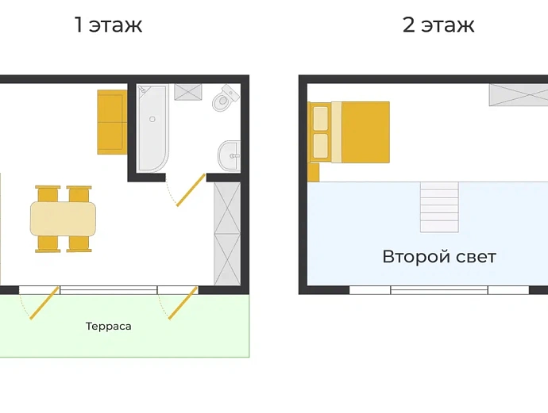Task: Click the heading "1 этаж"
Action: pyautogui.click(x=109, y=25)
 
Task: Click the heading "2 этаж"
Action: pyautogui.click(x=438, y=25)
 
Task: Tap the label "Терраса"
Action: pyautogui.click(x=108, y=327)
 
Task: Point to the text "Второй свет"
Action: pyautogui.click(x=439, y=257)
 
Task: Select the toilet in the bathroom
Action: pyautogui.click(x=225, y=98)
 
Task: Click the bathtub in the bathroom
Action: pyautogui.click(x=152, y=128)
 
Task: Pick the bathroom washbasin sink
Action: pyautogui.click(x=230, y=156)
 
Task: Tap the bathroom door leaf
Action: pyautogui.click(x=191, y=190)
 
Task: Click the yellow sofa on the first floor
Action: pyautogui.click(x=112, y=122)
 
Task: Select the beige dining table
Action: pyautogui.click(x=63, y=219)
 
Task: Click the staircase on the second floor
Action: pyautogui.click(x=439, y=207)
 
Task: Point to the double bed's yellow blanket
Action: pyautogui.click(x=365, y=132)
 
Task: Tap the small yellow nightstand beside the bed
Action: pyautogui.click(x=314, y=172)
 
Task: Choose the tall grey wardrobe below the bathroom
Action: pyautogui.click(x=227, y=234)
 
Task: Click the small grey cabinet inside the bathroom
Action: pyautogui.click(x=188, y=92)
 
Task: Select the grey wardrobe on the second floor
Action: pyautogui.click(x=519, y=94)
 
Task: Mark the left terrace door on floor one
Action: pyautogui.click(x=44, y=303)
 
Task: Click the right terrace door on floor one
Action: pyautogui.click(x=183, y=303)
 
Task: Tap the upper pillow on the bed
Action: pyautogui.click(x=321, y=119)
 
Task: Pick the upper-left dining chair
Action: pyautogui.click(x=48, y=194)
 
